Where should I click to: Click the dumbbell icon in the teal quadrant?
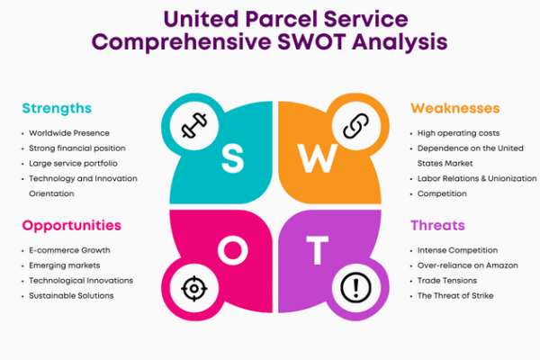click(x=194, y=125)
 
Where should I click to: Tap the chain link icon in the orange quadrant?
click(x=356, y=125)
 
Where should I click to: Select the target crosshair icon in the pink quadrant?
click(x=194, y=288)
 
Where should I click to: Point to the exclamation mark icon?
click(x=356, y=288)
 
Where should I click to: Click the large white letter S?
click(x=233, y=157)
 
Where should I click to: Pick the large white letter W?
click(x=318, y=158)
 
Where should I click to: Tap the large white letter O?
click(x=233, y=250)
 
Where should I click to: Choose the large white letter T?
click(x=317, y=250)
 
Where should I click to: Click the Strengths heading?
click(x=57, y=109)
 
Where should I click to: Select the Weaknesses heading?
click(x=454, y=108)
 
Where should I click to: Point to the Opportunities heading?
click(x=72, y=226)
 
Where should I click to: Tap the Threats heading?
click(x=437, y=225)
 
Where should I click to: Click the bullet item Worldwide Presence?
click(x=69, y=133)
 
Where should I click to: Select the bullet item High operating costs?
click(x=458, y=133)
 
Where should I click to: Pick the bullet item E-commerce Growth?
click(x=69, y=250)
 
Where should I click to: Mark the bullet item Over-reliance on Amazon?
click(x=468, y=265)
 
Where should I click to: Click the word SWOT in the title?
click(x=311, y=41)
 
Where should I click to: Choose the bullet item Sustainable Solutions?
click(x=71, y=295)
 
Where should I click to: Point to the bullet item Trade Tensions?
click(x=447, y=281)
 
